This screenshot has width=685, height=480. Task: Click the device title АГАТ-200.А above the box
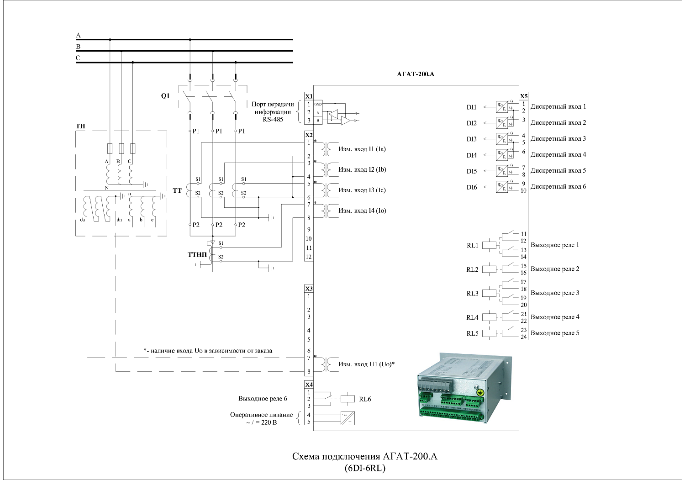416,74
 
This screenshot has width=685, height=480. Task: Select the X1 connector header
309,96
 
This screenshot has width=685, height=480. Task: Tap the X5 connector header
524,96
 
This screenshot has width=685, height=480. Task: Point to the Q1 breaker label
165,96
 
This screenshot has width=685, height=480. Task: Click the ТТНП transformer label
197,254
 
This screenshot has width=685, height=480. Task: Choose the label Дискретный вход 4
558,155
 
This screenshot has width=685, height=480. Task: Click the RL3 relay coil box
490,293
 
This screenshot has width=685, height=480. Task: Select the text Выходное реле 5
554,333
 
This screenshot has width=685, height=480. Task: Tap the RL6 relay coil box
348,399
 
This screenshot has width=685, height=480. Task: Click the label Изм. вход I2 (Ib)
362,169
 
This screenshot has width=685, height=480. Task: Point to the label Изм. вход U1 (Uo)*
366,364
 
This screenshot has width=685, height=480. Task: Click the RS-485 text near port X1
273,119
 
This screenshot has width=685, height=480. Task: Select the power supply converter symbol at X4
348,418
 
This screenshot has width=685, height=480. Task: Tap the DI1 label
471,107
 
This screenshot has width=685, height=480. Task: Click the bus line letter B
78,47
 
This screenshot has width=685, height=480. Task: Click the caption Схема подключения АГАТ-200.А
364,457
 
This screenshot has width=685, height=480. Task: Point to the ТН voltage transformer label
80,126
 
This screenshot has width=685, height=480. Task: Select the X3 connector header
309,289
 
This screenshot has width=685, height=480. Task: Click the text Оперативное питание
261,415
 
